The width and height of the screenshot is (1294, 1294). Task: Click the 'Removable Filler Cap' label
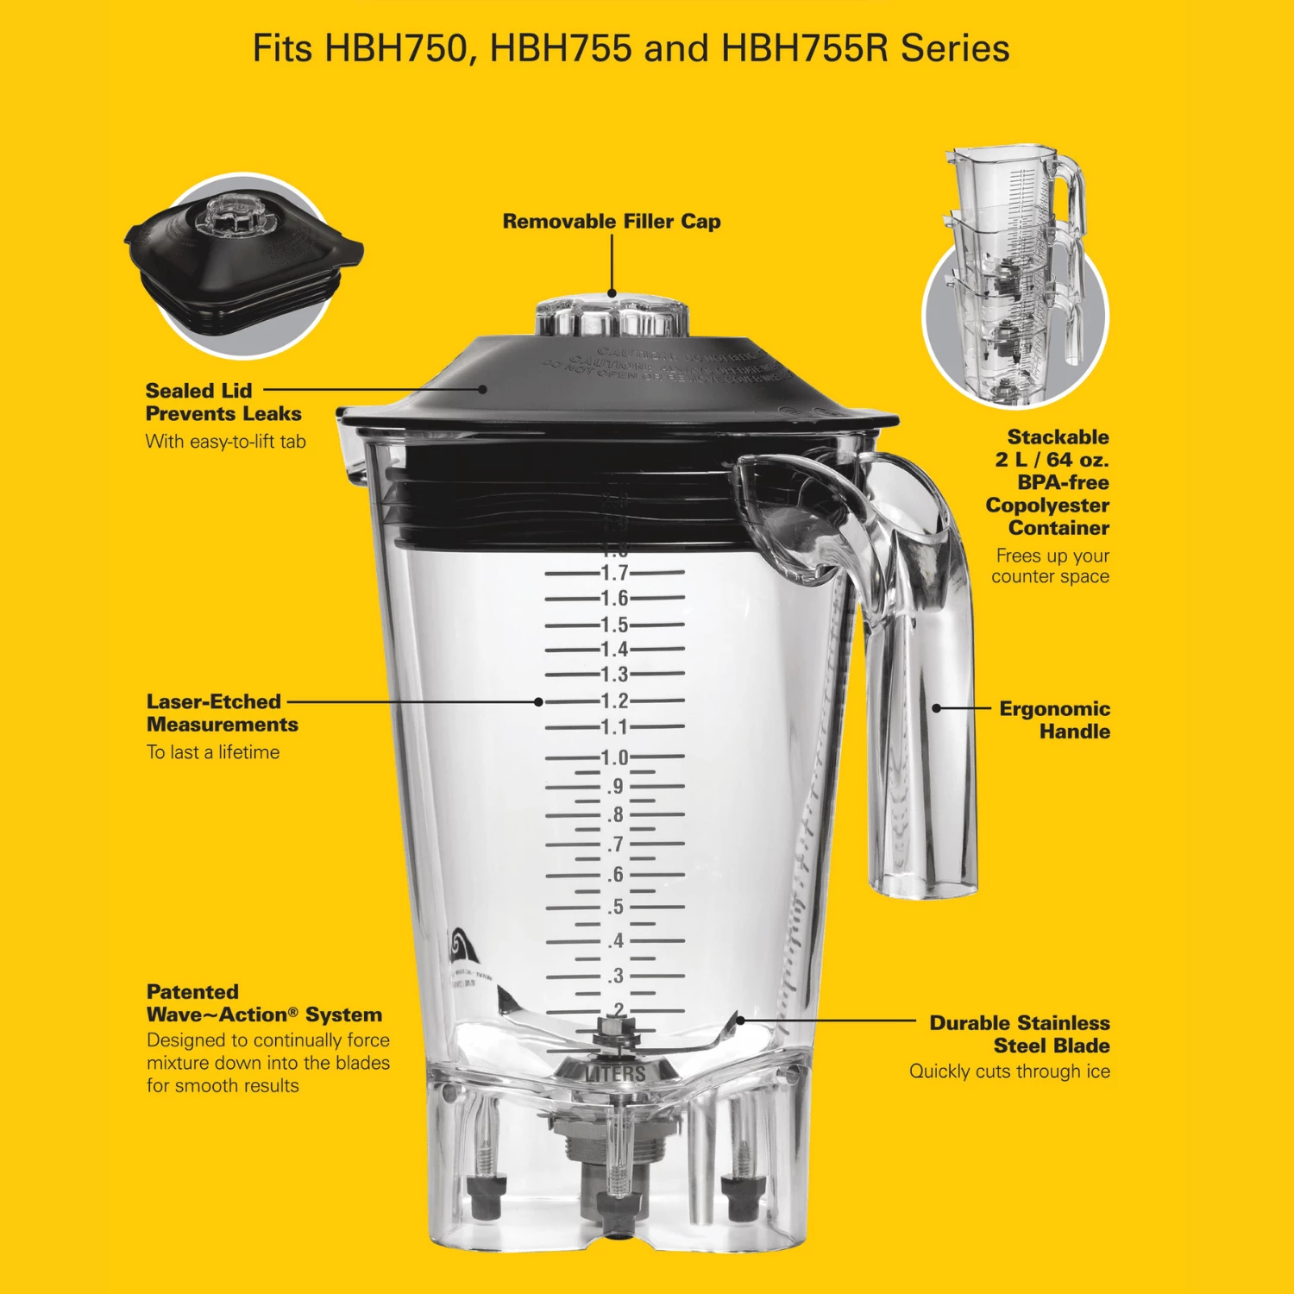[612, 222]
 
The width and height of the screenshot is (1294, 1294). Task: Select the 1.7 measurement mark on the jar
[614, 573]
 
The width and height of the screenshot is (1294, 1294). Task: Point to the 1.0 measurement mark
[614, 757]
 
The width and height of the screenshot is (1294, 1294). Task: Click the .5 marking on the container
[614, 907]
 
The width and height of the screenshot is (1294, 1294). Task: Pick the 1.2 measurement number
[614, 701]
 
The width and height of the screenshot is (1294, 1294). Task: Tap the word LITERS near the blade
[615, 1074]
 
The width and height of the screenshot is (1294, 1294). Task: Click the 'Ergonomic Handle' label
[1054, 719]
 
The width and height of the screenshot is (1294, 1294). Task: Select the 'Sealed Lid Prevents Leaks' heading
[223, 402]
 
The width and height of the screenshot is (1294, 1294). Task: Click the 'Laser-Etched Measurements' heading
[222, 713]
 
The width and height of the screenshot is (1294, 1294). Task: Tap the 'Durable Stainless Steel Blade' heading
[1019, 1033]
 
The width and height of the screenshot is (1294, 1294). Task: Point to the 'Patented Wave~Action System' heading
[263, 1003]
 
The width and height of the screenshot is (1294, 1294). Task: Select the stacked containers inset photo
[1015, 276]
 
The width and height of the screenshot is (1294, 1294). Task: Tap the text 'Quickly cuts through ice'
[1009, 1071]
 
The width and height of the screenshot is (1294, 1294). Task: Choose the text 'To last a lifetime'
[213, 752]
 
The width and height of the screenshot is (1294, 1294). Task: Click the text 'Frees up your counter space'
[1051, 566]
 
